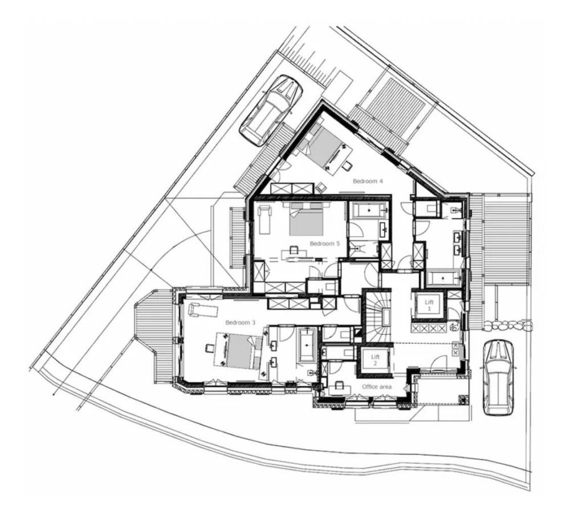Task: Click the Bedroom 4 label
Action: click(368, 181)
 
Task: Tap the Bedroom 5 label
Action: click(325, 244)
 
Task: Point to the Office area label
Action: click(377, 387)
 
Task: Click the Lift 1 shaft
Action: click(429, 305)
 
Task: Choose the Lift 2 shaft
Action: click(374, 360)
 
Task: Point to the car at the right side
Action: click(498, 377)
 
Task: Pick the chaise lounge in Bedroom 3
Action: click(203, 309)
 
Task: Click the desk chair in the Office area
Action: click(340, 385)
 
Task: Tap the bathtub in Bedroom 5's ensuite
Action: click(369, 211)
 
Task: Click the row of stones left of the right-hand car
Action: click(507, 326)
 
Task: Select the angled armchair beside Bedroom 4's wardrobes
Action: click(321, 187)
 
